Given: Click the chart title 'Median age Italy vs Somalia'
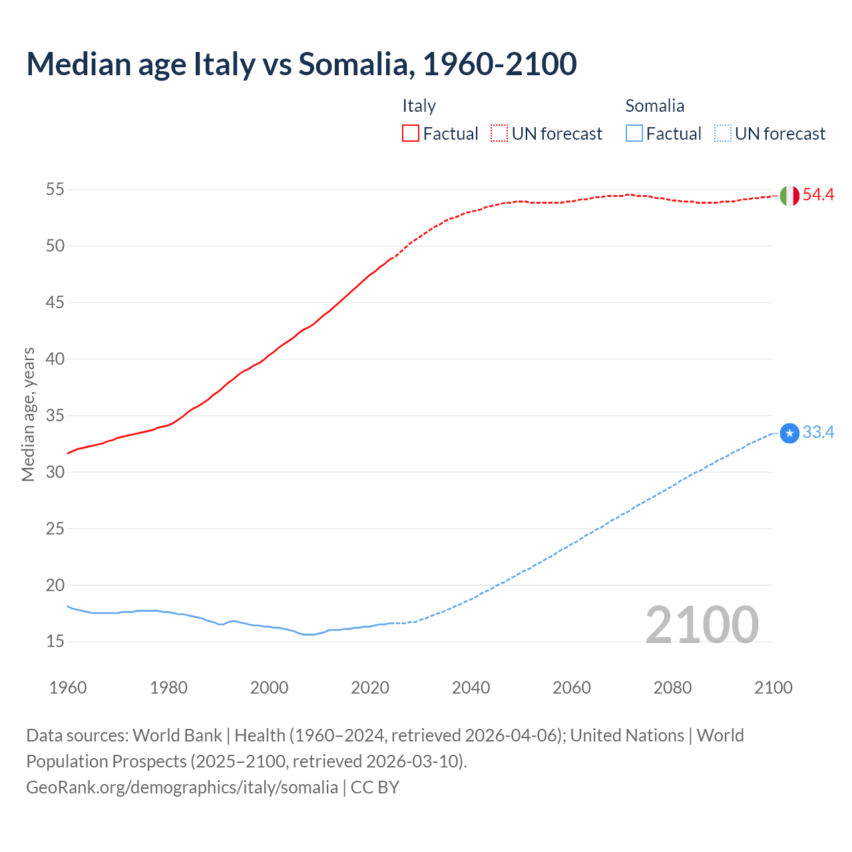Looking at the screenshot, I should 301,64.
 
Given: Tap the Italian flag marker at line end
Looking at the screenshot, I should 789,196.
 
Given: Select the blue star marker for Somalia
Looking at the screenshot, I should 789,433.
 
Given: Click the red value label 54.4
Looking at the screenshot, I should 818,195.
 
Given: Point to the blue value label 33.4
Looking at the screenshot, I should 818,433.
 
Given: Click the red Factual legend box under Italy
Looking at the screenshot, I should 411,134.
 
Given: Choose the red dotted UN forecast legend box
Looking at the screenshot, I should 499,134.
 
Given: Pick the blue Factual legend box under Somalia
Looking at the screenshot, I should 634,134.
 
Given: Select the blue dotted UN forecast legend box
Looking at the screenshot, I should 722,134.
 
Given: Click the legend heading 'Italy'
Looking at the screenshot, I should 419,106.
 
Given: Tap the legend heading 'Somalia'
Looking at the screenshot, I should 654,106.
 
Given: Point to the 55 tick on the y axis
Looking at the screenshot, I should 55,190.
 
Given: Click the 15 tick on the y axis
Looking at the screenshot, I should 55,642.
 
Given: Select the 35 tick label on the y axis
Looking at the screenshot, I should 55,416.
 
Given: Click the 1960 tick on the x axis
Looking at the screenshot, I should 68,688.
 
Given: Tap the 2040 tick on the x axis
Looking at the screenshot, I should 471,688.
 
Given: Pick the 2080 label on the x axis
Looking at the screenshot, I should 672,688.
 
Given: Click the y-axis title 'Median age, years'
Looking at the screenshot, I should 28,414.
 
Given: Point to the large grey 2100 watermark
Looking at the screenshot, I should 702,625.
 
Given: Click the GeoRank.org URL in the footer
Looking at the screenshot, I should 182,787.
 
